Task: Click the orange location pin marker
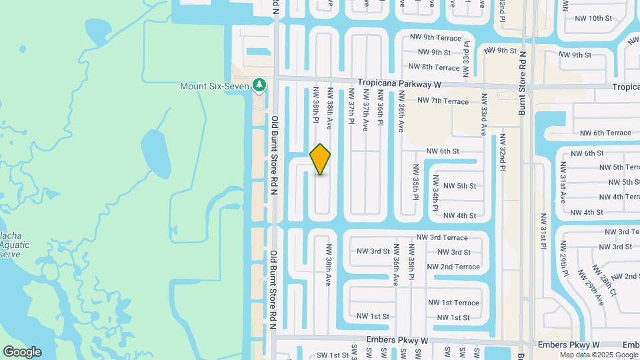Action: (321, 159)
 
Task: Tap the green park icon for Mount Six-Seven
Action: (259, 85)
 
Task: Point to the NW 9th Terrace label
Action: (435, 38)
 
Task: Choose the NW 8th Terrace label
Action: (433, 67)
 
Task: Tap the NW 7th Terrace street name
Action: (443, 101)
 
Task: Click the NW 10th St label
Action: (591, 18)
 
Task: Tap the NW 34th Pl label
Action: (435, 193)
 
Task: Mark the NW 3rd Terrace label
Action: (442, 237)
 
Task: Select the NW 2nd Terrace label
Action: (453, 267)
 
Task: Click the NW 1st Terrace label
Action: (453, 303)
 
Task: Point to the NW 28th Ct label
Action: (605, 280)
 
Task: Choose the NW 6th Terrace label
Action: (605, 133)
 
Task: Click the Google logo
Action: (22, 351)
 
